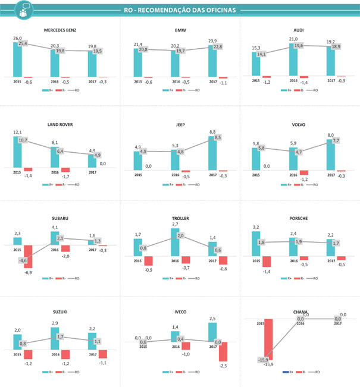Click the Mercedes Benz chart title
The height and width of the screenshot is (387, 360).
[60, 30]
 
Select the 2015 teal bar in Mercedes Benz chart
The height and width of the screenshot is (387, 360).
[18, 59]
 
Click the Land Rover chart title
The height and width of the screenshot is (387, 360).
[60, 124]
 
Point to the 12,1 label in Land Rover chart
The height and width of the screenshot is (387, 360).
[18, 132]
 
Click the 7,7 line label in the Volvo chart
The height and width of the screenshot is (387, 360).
[336, 140]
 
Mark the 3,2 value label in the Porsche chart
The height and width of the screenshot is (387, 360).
[256, 227]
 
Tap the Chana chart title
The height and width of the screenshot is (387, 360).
[300, 311]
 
